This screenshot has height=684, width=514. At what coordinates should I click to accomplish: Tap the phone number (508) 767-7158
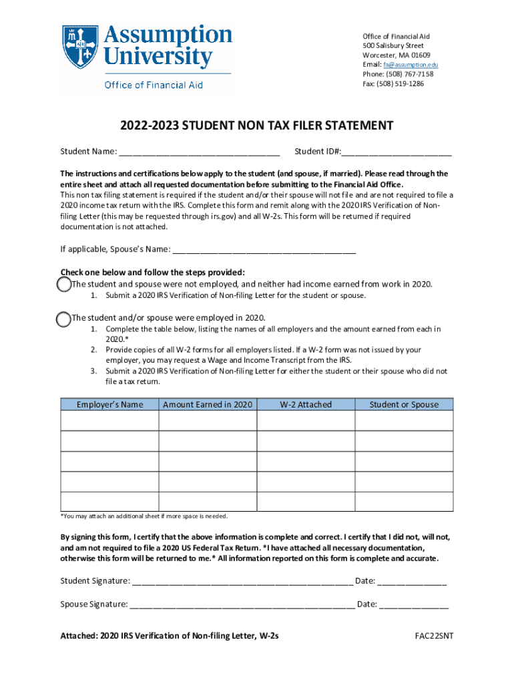coord(409,74)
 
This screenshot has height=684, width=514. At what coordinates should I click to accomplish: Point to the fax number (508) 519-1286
coord(403,84)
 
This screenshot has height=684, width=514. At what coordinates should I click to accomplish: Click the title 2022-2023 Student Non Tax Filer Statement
coord(256,126)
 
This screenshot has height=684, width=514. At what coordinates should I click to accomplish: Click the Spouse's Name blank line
coord(264,250)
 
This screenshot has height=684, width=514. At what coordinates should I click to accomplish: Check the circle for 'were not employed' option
coord(63,285)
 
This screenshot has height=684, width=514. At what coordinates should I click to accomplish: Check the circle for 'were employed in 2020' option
coord(63,319)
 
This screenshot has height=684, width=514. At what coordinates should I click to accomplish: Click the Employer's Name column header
coord(109,404)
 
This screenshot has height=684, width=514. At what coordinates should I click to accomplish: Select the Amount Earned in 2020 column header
coord(208,404)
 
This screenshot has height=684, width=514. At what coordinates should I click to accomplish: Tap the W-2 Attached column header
coord(305,404)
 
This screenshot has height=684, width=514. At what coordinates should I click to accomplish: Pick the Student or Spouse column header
coord(404,404)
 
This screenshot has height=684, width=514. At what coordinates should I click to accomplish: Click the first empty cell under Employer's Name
coord(109,421)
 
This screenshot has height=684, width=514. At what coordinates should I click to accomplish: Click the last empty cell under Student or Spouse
coord(404,501)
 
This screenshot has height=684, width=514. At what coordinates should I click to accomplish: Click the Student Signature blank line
coord(242,581)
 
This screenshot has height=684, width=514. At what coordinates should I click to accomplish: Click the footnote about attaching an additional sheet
coord(144,516)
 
